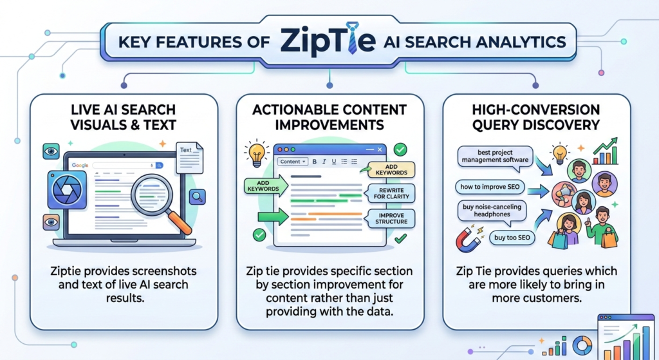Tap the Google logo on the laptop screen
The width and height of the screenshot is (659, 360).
pyautogui.click(x=80, y=166)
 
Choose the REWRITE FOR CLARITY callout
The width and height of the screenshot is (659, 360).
pyautogui.click(x=390, y=193)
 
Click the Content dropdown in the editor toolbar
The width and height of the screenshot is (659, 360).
pyautogui.click(x=293, y=162)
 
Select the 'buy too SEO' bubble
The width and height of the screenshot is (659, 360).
pyautogui.click(x=512, y=238)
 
